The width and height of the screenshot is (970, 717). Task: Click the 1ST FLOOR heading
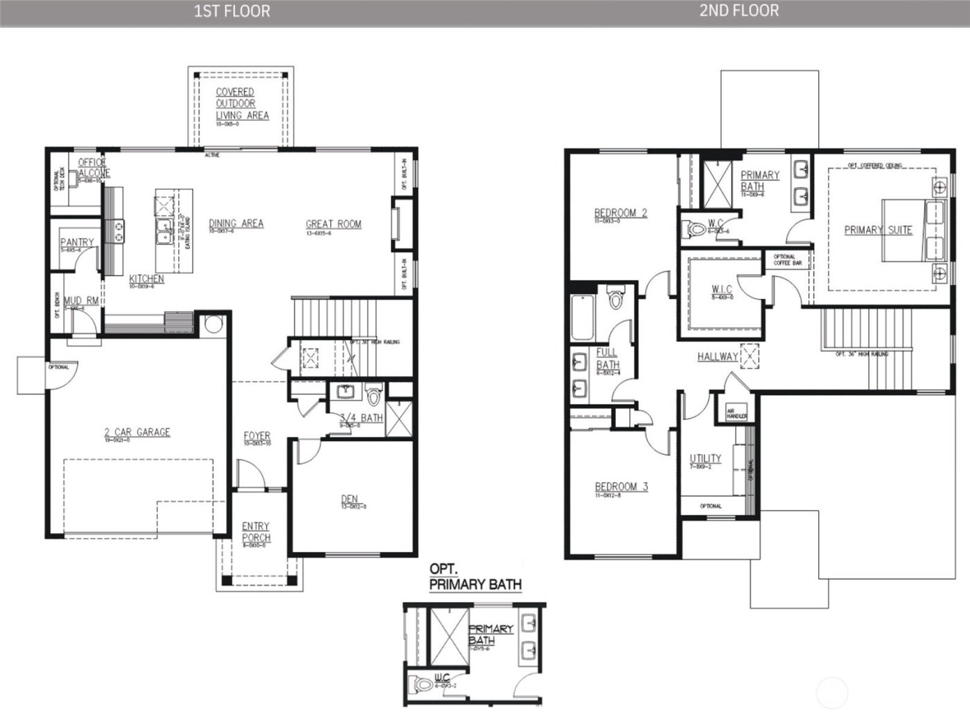[232, 11]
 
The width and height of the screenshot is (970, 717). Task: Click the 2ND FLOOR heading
[739, 10]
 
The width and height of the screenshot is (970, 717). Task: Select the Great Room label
[333, 224]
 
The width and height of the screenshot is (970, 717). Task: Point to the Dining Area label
[236, 223]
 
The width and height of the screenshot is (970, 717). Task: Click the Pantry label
[76, 242]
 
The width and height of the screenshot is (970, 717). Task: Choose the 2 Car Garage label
[137, 432]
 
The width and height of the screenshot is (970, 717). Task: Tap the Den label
[349, 499]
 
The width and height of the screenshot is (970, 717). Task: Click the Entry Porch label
[256, 532]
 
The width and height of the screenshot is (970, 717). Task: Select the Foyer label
[257, 436]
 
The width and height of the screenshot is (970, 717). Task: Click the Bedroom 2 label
[620, 213]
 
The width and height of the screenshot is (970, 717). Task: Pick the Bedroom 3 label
[621, 487]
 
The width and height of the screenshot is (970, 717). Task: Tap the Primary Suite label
[878, 230]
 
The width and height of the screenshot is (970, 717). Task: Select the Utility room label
[705, 458]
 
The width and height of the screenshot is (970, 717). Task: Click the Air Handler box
[736, 413]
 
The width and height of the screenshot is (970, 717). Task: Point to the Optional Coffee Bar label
[787, 260]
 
